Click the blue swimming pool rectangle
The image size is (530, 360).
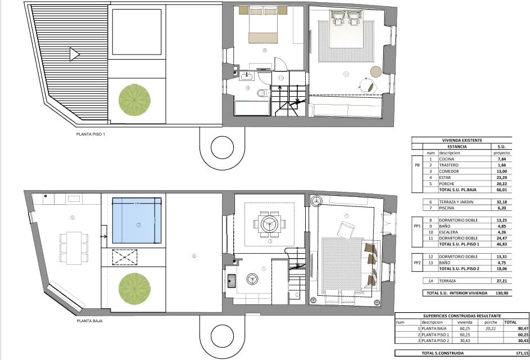click(x=137, y=222)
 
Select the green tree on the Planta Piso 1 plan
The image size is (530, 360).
click(x=134, y=99)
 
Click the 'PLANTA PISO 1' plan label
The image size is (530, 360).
click(x=90, y=134)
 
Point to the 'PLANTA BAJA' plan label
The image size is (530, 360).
click(x=89, y=322)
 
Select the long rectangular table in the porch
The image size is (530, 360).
click(x=74, y=247)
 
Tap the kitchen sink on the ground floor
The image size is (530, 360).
click(x=231, y=281)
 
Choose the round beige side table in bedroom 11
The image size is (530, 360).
click(x=375, y=71)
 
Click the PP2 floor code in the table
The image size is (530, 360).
click(x=416, y=262)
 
